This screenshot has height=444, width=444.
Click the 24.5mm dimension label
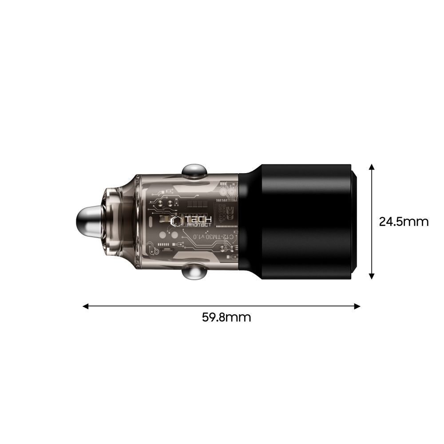pos(404,221)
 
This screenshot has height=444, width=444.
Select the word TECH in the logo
pos(198,219)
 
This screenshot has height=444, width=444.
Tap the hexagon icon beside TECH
pos(177,222)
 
